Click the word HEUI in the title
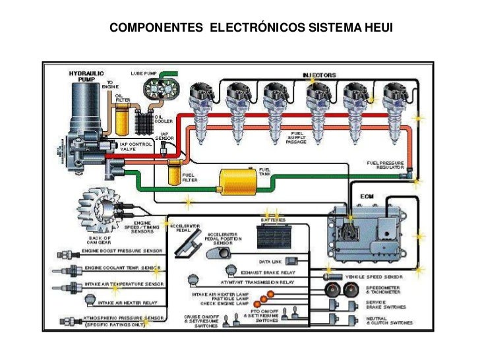(377, 28)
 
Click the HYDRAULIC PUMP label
(82, 75)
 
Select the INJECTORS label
(320, 75)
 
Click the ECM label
(367, 196)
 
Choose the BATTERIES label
(273, 220)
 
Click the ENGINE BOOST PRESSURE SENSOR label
(122, 251)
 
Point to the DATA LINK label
(270, 261)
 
